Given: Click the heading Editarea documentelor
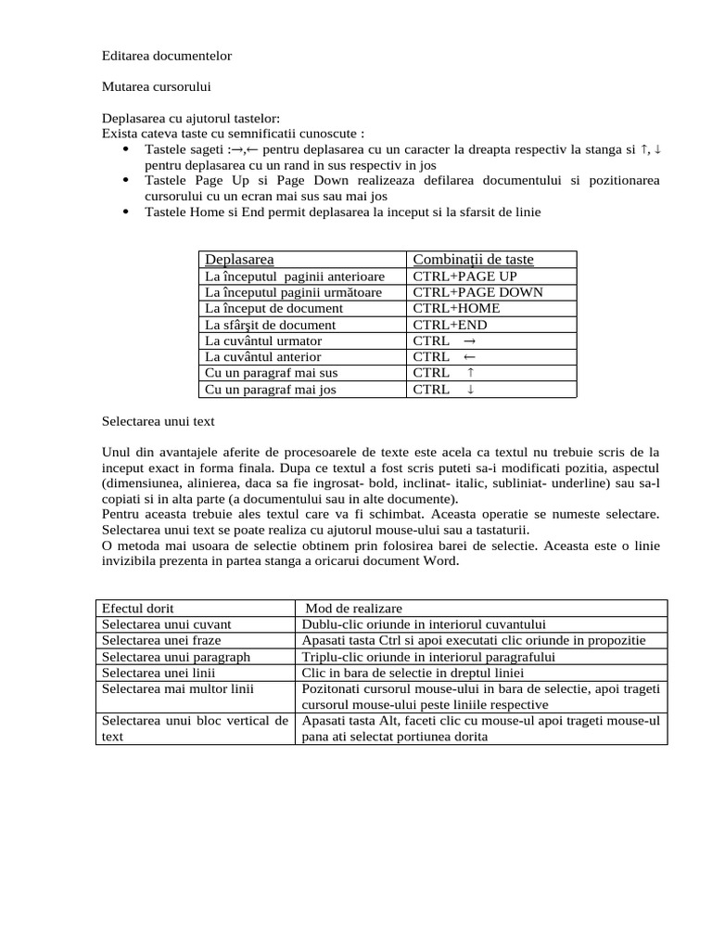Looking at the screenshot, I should (x=167, y=56).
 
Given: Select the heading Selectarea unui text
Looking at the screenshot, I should (x=158, y=421).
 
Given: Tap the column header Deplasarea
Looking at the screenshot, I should (x=239, y=260).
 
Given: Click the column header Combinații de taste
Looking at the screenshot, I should (x=473, y=260).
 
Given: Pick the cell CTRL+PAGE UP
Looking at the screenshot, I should (x=464, y=276).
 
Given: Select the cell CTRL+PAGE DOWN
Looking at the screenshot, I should (x=477, y=292).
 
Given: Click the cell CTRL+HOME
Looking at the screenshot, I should (x=456, y=308).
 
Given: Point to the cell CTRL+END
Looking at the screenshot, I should (x=450, y=325).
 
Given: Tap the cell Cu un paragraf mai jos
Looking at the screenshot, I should (x=270, y=390).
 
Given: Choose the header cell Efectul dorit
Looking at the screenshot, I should (x=138, y=609).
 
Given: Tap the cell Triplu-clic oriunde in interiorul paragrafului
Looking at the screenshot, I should (x=428, y=657).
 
